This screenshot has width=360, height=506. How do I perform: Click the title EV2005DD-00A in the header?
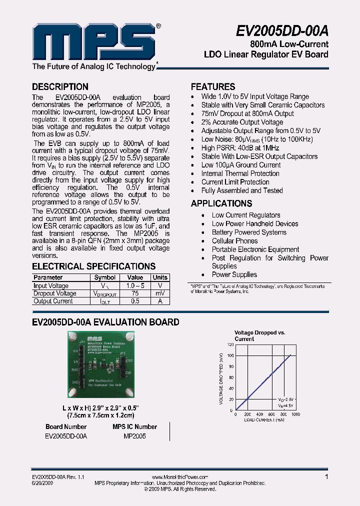coord(282,31)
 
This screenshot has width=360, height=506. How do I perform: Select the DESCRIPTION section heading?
coord(60,86)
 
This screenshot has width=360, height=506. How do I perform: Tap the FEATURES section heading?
coord(213,86)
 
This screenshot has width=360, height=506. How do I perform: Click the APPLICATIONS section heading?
coord(221,203)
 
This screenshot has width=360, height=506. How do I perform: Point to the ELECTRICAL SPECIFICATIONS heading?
coord(93,266)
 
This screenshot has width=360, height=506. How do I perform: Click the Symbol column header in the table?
coord(105,277)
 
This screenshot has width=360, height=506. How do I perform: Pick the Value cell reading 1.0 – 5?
coord(135,285)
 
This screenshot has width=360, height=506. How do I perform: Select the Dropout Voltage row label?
coord(55,293)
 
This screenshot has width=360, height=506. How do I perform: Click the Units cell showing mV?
coord(160,293)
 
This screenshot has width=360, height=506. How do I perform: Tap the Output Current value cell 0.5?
coord(135,301)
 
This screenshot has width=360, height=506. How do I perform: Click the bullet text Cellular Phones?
coord(234,241)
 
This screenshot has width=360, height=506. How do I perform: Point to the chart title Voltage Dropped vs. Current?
coord(259,335)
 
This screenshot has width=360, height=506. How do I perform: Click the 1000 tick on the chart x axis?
coord(295,414)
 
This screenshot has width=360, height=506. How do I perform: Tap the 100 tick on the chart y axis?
coord(230,355)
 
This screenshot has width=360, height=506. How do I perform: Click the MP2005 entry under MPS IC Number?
coord(134,436)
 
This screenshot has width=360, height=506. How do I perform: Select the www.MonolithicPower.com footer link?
coord(179,477)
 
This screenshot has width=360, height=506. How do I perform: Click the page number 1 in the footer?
coord(326,477)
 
